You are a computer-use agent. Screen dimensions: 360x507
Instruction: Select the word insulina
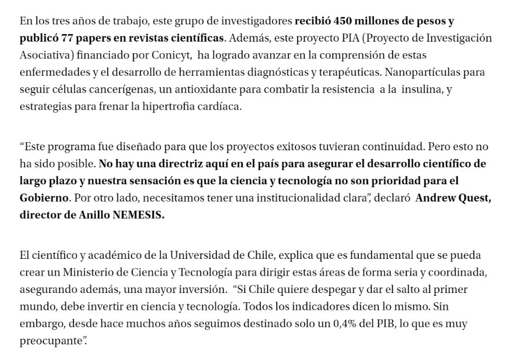coord(415,91)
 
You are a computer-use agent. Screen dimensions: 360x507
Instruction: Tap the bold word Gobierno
coord(41,197)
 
